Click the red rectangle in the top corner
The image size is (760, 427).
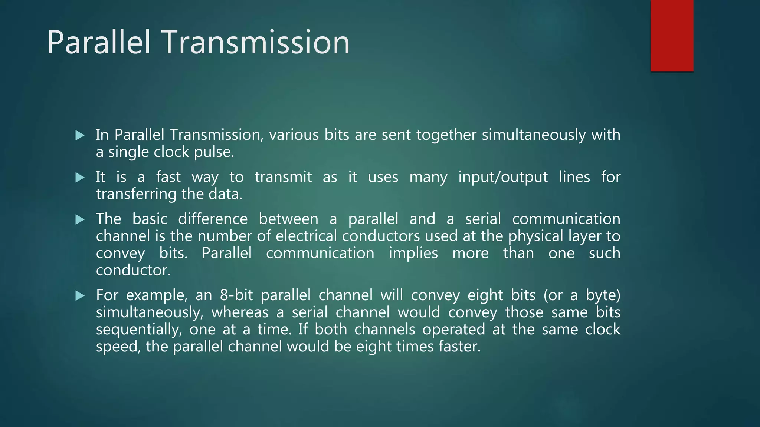click(x=672, y=35)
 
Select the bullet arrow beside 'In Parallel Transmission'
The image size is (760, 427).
click(x=80, y=135)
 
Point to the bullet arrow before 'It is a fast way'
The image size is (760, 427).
click(x=80, y=178)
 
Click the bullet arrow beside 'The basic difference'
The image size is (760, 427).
click(x=80, y=220)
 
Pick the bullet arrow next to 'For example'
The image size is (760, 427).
click(x=80, y=296)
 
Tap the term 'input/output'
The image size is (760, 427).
click(x=503, y=177)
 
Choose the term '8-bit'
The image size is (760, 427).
click(x=236, y=295)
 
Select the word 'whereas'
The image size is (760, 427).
click(x=240, y=312)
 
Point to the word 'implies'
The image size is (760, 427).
click(x=413, y=254)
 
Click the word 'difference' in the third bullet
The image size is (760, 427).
click(x=213, y=219)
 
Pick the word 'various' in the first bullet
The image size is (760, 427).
click(x=294, y=135)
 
